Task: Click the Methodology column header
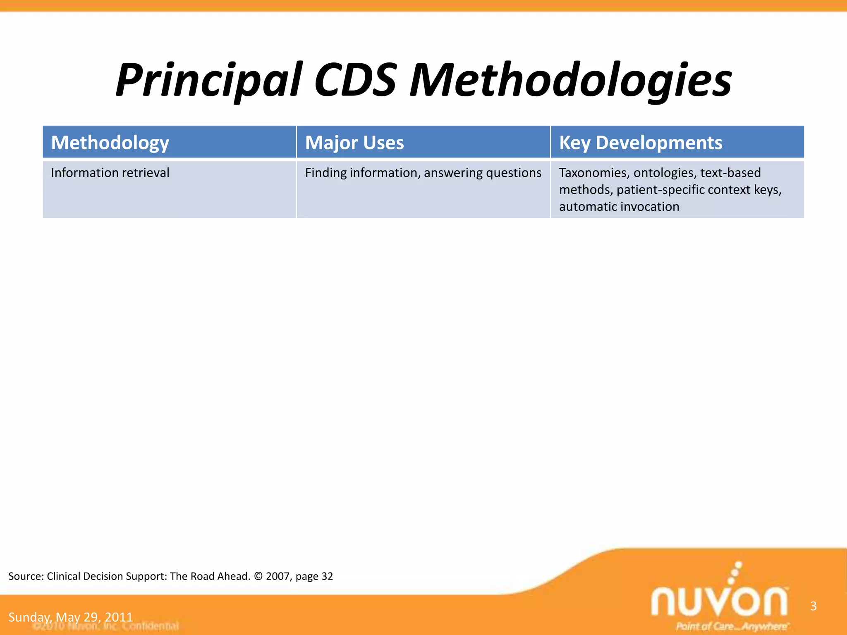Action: click(110, 143)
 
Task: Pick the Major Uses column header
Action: click(354, 143)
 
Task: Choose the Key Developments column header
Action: click(641, 143)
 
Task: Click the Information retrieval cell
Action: click(110, 173)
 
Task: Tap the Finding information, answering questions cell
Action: click(423, 173)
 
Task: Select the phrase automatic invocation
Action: click(619, 207)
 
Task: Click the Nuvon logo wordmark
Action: click(719, 600)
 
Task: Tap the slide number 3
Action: click(813, 606)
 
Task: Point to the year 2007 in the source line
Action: click(278, 576)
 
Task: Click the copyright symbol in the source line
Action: click(258, 576)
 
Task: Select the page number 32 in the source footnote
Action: click(327, 576)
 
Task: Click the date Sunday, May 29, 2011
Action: click(70, 617)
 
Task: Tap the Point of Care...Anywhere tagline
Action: click(731, 626)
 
